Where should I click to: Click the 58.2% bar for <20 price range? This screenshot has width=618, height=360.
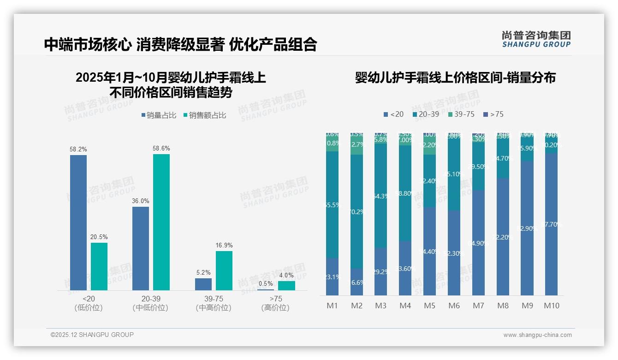pos(78,222)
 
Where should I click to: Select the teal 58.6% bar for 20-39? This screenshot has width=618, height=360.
pos(161,222)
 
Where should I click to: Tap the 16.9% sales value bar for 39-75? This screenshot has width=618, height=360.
pos(224,270)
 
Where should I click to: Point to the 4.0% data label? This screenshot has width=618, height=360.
pos(286,275)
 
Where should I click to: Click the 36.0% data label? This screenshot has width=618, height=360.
pos(141,201)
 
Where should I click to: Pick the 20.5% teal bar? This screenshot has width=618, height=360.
pos(99,266)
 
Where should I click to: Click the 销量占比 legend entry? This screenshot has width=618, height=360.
pos(159,115)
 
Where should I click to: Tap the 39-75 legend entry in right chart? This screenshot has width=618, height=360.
pos(461,114)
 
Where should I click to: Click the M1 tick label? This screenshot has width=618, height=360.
pos(333,306)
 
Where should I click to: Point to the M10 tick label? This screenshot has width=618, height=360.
pos(551,306)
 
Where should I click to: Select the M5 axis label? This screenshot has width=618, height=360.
pos(429,306)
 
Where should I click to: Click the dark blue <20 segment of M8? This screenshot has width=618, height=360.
pos(503,237)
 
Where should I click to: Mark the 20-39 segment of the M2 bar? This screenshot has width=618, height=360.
pos(357,211)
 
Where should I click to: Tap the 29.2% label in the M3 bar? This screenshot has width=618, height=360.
pos(381,272)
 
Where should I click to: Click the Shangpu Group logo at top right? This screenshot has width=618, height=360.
pos(536,39)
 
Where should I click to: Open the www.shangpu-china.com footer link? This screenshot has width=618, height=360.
pos(537,335)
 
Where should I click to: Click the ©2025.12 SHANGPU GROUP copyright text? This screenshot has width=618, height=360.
pos(92,335)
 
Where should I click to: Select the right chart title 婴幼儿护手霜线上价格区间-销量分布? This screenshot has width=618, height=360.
pos(455,78)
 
